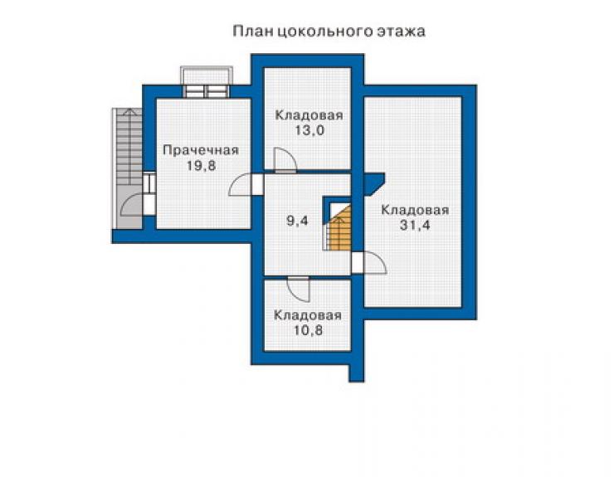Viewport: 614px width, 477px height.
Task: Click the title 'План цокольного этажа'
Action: (x=329, y=31)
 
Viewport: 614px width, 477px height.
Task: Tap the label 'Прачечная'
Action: (x=201, y=150)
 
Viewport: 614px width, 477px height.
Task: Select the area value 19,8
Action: (x=201, y=166)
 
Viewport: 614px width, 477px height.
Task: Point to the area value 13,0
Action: (x=309, y=130)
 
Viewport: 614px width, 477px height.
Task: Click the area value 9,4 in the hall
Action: (x=298, y=221)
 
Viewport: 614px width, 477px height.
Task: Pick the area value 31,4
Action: (x=415, y=225)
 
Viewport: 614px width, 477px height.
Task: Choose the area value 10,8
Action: (x=308, y=330)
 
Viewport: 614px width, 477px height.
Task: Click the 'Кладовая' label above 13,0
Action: (x=309, y=115)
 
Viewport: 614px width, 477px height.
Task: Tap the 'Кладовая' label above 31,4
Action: (x=415, y=210)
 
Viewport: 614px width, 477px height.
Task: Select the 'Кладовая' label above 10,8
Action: (x=308, y=315)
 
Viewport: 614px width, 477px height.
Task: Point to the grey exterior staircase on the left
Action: (x=128, y=168)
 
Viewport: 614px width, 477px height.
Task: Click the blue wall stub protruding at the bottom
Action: (x=356, y=372)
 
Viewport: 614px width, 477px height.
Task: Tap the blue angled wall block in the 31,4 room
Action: (x=373, y=183)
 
